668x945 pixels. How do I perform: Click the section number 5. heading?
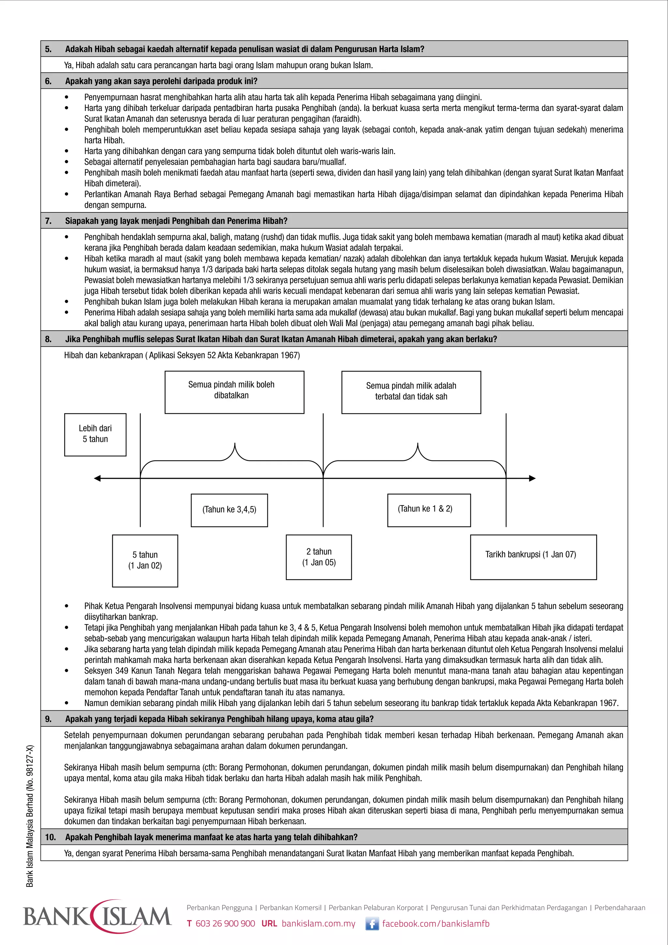click(49, 49)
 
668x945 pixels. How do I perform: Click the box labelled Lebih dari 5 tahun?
click(95, 434)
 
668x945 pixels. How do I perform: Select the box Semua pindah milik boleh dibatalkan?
click(234, 392)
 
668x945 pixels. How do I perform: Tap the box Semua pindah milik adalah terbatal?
click(411, 392)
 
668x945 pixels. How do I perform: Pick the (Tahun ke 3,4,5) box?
click(229, 510)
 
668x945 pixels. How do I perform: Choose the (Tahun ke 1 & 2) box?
click(429, 510)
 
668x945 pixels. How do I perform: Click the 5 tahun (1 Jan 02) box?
click(145, 560)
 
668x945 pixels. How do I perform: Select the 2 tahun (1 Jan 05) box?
click(319, 557)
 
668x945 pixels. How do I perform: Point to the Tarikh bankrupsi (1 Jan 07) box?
click(533, 557)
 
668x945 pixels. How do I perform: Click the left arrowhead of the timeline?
click(98, 478)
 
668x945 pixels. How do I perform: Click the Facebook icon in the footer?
click(372, 923)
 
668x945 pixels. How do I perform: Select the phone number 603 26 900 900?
click(225, 923)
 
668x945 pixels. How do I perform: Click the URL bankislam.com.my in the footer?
click(318, 923)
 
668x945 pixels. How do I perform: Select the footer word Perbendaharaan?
click(619, 907)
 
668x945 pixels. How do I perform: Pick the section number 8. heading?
click(49, 339)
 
